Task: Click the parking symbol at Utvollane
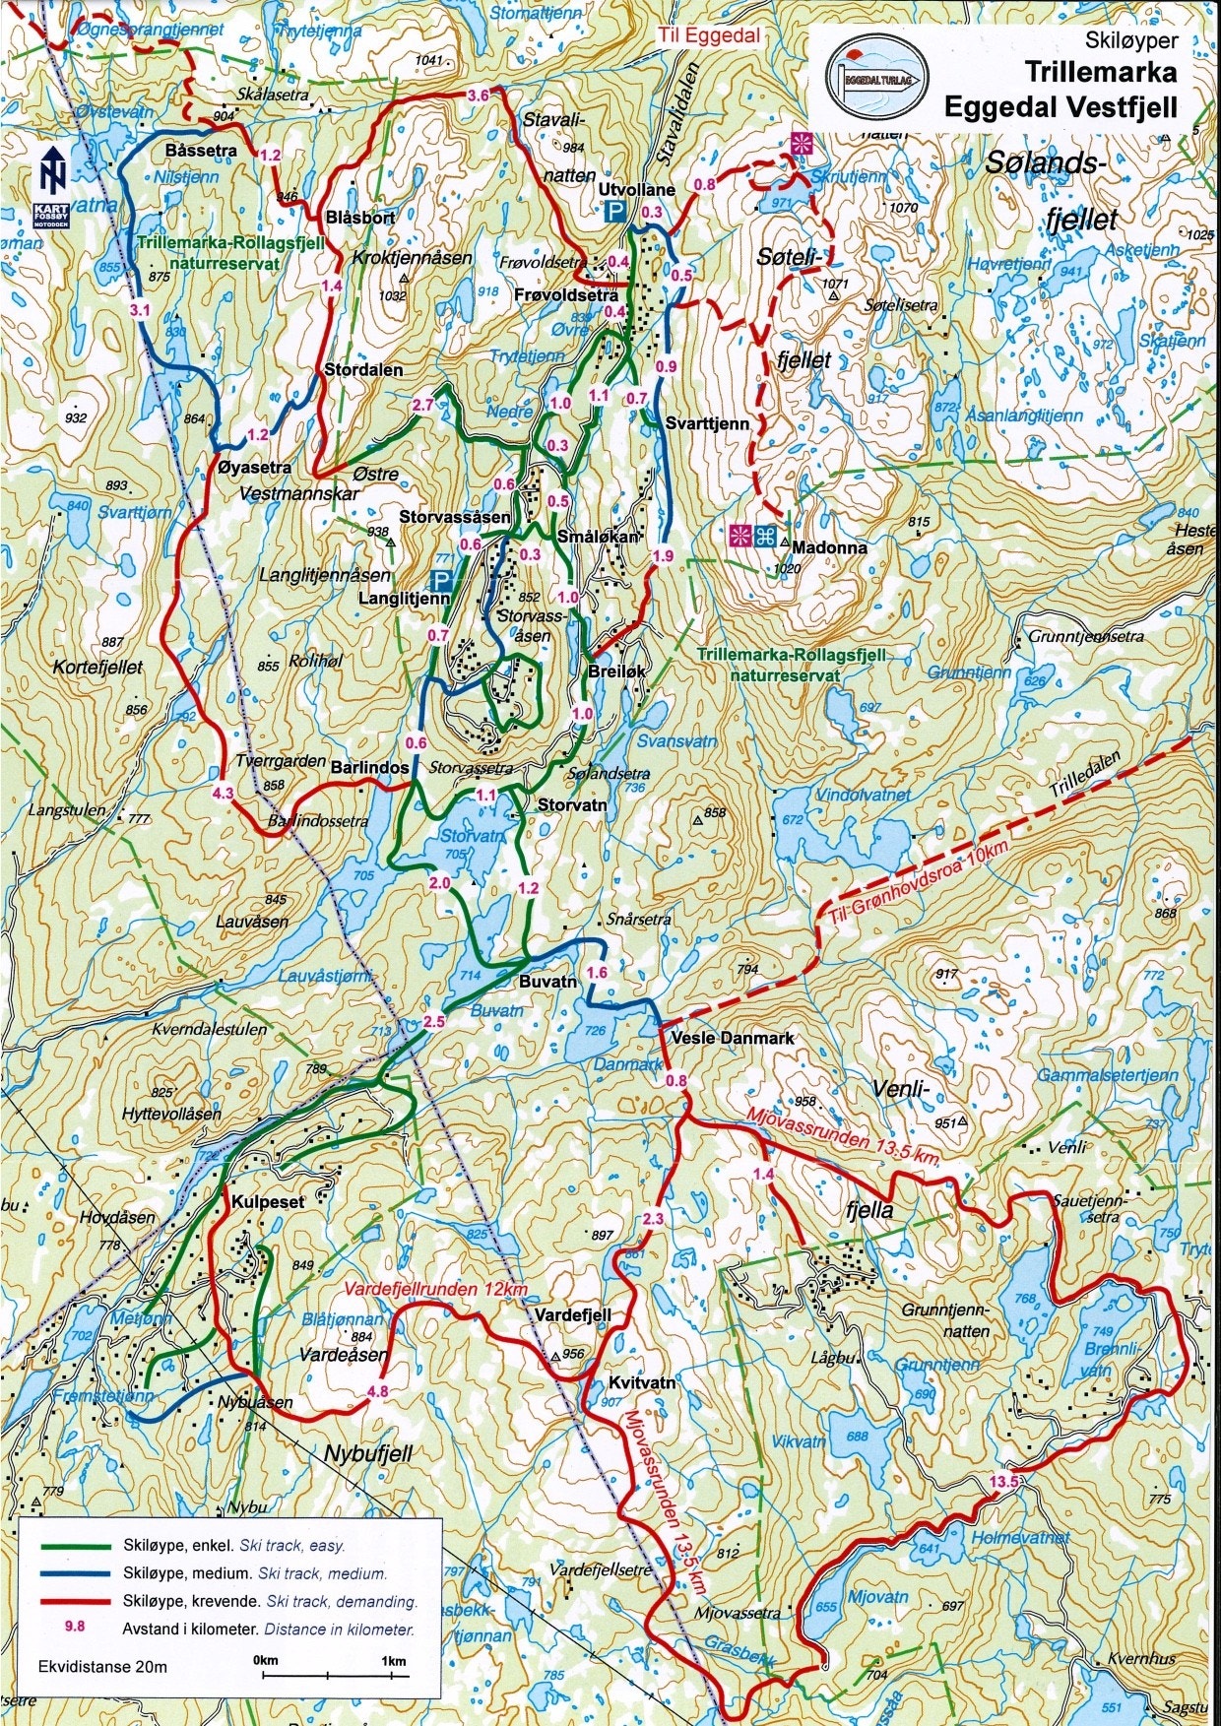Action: (614, 212)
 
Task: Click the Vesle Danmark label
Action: (732, 1038)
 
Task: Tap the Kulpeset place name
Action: (268, 1202)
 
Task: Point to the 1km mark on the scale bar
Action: (394, 1662)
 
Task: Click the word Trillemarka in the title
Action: (1100, 72)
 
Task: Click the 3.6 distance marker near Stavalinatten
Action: (478, 96)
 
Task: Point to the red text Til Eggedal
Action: (710, 35)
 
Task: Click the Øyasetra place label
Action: (254, 467)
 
